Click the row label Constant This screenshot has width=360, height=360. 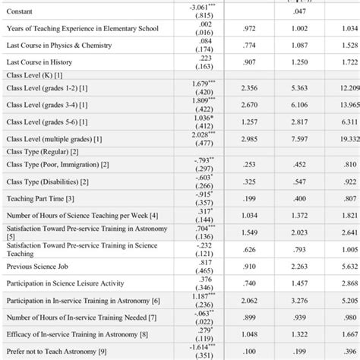21,10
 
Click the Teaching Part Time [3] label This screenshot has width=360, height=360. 40,198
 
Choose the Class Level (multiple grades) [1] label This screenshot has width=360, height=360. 55,138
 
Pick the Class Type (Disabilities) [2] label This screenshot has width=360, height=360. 48,182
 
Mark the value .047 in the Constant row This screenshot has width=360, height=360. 300,11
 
